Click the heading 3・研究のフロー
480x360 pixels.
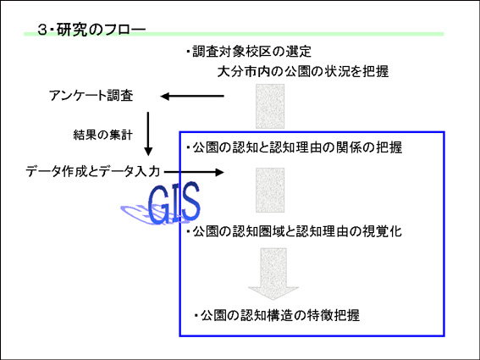91,30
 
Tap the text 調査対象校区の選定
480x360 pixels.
251,52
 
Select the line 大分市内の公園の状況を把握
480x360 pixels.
303,71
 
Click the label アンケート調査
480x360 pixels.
91,96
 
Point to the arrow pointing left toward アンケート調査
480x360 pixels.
192,97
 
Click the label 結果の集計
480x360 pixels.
103,135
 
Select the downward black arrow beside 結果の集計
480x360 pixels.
148,134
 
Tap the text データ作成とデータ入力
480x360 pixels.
93,171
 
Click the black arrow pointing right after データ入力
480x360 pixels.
194,172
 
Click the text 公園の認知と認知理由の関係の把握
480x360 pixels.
297,147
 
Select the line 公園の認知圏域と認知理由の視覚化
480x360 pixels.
297,231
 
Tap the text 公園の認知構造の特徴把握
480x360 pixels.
280,315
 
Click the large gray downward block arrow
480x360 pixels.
273,274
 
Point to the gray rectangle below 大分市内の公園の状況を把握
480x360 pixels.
270,107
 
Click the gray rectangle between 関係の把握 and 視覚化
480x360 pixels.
270,190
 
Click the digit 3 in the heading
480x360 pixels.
41,30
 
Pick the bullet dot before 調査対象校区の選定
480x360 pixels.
188,52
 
